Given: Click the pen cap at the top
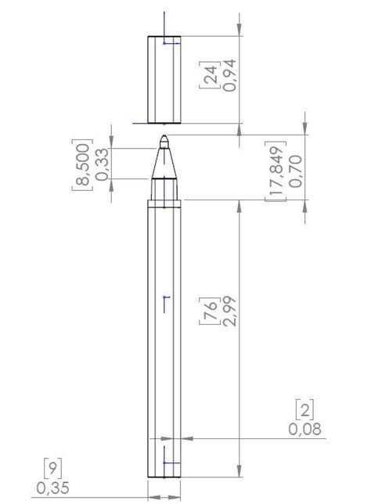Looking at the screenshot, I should (x=164, y=79).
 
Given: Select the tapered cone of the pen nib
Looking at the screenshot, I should (x=164, y=162).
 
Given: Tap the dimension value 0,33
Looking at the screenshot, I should (x=101, y=164).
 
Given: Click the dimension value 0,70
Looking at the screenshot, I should (x=296, y=171).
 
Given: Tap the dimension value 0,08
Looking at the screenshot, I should (x=304, y=428).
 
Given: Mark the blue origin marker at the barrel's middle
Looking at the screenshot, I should (x=164, y=304).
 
